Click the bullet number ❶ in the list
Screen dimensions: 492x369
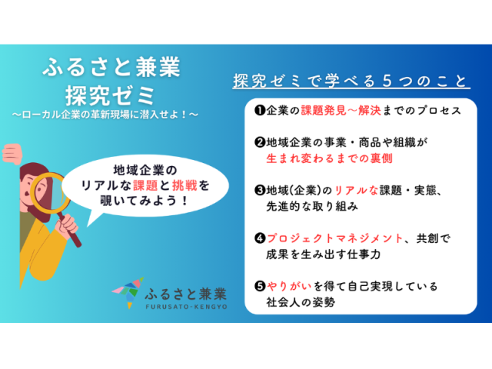260,111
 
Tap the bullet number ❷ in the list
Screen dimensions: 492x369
260,142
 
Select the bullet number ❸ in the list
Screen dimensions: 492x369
260,190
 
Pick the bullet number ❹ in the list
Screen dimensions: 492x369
260,238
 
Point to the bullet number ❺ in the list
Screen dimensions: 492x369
260,286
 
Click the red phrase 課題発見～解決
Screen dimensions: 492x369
341,111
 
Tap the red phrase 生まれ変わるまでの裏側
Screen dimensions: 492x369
330,158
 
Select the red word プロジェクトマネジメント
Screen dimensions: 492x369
335,238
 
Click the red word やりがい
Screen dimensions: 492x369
289,286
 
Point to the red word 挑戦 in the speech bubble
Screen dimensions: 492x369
184,185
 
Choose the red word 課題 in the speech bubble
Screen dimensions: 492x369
145,185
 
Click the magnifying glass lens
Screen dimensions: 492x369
49,192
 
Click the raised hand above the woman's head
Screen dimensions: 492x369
12,154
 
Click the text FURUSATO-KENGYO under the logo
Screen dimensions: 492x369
186,307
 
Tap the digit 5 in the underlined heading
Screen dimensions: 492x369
387,81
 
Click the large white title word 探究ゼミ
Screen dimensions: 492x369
110,95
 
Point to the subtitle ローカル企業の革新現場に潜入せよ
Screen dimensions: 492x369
105,115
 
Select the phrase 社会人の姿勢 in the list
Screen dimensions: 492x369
301,302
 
